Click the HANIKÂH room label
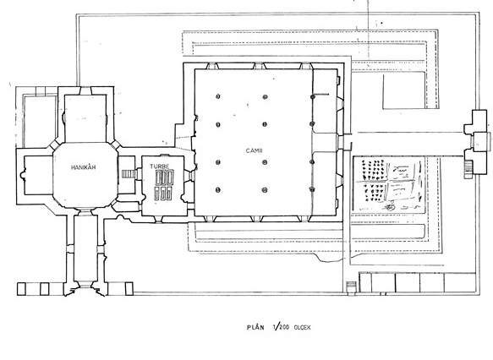(84, 167)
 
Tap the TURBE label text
(160, 166)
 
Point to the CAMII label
(254, 150)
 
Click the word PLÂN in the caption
(255, 327)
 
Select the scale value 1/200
(282, 327)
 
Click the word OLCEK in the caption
(302, 327)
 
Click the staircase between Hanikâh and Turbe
(129, 174)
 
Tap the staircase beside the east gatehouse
(468, 165)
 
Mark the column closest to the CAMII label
(265, 162)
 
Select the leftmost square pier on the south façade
(21, 289)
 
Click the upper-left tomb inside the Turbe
(158, 177)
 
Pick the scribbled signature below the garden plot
(390, 207)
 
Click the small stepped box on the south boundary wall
(351, 287)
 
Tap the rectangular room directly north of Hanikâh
(85, 118)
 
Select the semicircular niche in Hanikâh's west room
(23, 175)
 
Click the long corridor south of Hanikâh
(86, 248)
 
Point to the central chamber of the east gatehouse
(481, 142)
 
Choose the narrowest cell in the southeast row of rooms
(365, 283)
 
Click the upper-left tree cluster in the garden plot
(373, 170)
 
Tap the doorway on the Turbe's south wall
(159, 219)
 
